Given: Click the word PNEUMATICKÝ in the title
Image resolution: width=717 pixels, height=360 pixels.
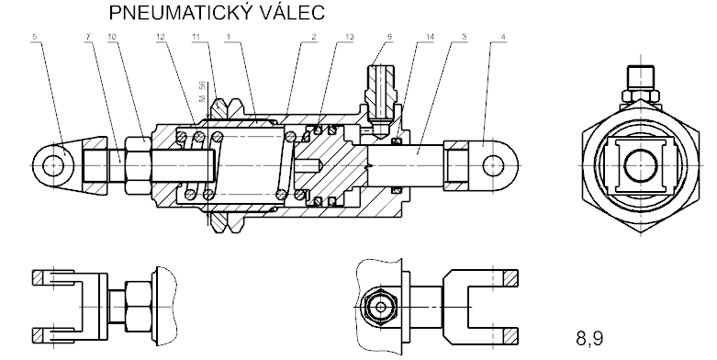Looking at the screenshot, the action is click(181, 12).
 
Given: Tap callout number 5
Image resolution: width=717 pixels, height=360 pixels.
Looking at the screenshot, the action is click(35, 37).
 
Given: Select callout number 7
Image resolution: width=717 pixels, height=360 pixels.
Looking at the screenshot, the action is click(88, 37).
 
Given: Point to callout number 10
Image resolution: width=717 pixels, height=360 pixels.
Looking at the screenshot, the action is click(113, 37).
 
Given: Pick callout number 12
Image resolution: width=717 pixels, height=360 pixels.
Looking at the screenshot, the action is click(160, 37).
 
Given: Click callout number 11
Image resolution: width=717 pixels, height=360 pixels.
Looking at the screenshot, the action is click(196, 37).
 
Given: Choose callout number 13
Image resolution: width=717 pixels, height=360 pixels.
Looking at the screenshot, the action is click(350, 37).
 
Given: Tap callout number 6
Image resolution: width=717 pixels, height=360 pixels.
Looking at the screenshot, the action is click(389, 37).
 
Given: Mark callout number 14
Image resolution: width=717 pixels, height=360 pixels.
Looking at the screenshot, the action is click(430, 37).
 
